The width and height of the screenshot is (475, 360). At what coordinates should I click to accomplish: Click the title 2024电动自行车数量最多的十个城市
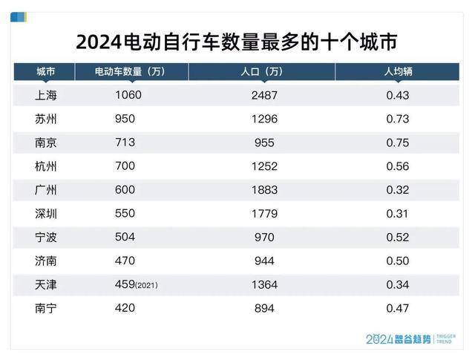tap(237, 41)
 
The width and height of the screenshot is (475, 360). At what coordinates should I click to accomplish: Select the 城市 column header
tap(45, 72)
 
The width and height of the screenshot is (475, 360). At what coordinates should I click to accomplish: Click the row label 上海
tap(46, 96)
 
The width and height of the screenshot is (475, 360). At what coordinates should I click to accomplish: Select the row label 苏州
tap(46, 120)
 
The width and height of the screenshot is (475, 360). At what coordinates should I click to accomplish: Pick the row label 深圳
tap(46, 214)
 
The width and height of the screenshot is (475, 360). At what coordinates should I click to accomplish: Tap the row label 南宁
tap(46, 308)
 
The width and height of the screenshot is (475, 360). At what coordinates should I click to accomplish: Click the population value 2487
tap(263, 96)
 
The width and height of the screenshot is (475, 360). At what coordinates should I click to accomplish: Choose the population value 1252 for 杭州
tap(263, 166)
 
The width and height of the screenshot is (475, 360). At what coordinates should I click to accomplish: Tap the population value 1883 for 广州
tap(263, 190)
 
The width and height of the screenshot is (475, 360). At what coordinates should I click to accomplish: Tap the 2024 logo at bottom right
tap(384, 338)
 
